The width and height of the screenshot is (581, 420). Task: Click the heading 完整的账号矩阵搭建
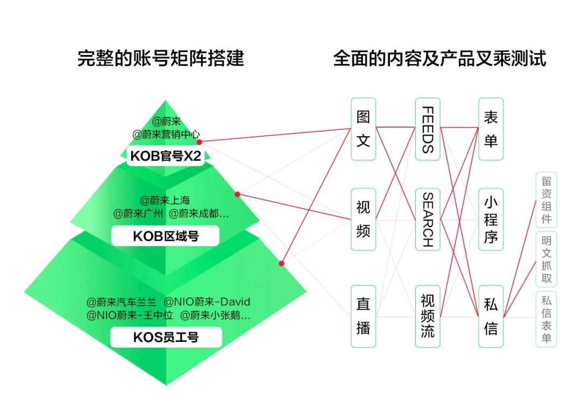[x=160, y=58]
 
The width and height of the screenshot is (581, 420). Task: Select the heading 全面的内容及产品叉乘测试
[x=440, y=58]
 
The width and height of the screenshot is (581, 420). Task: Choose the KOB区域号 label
[x=165, y=236]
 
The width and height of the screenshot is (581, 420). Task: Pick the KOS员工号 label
[x=165, y=338]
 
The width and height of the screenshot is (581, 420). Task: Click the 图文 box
[x=363, y=129]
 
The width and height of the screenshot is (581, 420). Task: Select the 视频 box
[x=363, y=219]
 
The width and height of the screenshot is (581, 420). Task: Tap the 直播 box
[x=363, y=316]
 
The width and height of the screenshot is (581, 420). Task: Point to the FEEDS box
[x=427, y=129]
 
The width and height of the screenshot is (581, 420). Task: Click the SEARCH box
[x=427, y=219]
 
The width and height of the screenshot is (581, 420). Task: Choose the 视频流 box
[x=427, y=316]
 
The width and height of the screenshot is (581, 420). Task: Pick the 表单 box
[x=491, y=129]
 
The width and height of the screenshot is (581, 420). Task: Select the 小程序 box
[x=491, y=219]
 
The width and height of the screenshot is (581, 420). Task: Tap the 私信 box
[x=491, y=316]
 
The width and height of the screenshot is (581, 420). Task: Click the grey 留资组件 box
[x=546, y=199]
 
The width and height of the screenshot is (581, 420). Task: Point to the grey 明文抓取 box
[x=546, y=258]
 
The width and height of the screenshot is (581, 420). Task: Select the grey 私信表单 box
[x=546, y=319]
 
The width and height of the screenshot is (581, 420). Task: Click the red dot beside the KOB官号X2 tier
[x=199, y=142]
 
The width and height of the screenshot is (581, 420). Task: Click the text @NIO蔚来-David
[x=207, y=302]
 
